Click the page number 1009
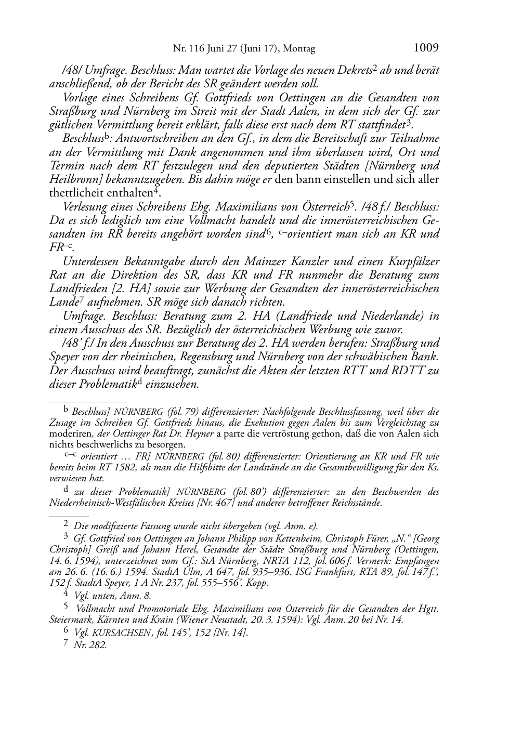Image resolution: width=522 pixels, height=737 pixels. (x=426, y=48)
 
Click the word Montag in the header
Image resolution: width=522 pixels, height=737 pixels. (x=299, y=49)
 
